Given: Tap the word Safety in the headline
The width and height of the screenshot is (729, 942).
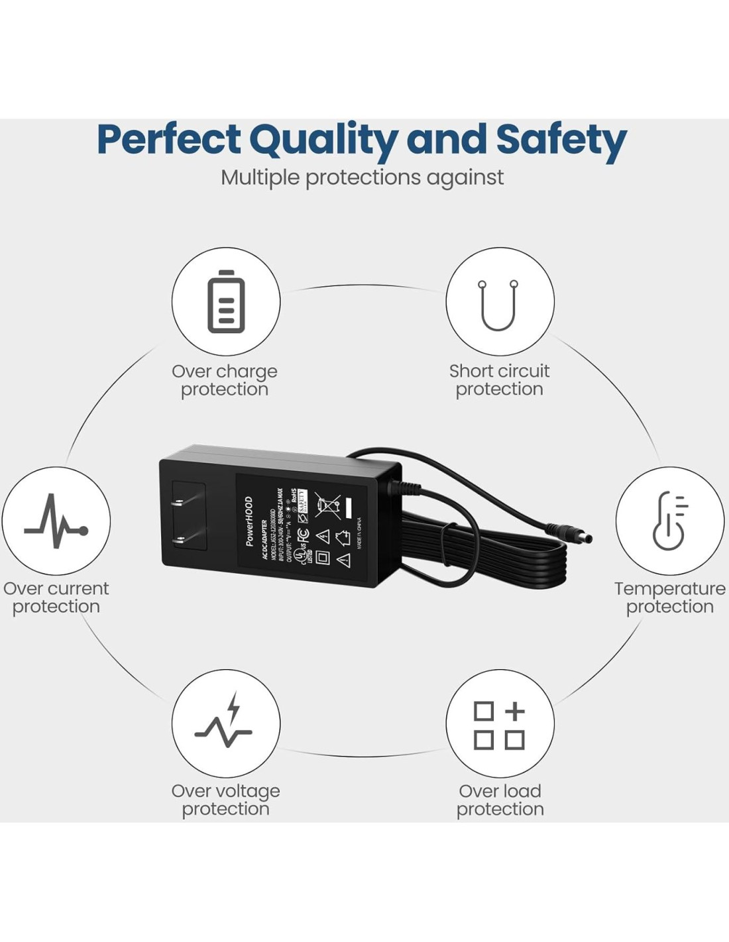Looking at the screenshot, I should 561,140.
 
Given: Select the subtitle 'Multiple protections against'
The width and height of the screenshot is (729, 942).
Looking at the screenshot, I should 363,178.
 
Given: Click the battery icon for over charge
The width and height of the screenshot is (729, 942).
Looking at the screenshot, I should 226,301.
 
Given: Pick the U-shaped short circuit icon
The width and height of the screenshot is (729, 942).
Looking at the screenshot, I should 499,304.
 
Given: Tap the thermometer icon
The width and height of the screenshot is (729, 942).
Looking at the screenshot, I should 670,521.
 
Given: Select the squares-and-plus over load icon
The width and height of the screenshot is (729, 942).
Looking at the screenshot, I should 500,725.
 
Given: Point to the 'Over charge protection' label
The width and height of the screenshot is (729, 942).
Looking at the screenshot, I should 225,380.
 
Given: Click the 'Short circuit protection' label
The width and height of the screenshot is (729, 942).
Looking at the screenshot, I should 499,380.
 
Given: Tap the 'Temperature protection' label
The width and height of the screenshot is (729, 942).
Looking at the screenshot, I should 669,598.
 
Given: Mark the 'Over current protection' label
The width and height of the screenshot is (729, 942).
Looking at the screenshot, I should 56,598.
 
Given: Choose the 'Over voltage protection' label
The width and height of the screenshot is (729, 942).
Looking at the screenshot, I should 225,800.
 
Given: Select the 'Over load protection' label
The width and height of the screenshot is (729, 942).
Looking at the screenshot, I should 500,800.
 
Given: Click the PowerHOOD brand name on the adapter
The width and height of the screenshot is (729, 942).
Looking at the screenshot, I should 249,521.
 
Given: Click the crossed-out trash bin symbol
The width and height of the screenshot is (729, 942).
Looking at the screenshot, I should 327,505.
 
